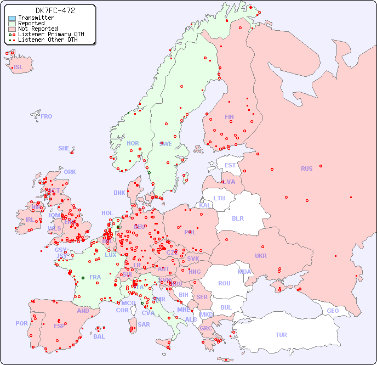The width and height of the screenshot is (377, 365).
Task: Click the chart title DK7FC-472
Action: (x=55, y=10)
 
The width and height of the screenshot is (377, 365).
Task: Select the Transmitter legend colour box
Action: (x=12, y=18)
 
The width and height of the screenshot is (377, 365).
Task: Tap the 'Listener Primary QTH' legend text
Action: (x=51, y=34)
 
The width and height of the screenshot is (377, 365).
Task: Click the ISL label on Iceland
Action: (x=19, y=68)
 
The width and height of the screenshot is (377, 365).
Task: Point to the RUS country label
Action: (x=306, y=169)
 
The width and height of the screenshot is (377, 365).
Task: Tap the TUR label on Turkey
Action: (x=281, y=335)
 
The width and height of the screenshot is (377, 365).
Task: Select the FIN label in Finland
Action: (x=229, y=117)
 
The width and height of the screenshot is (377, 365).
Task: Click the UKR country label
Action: (x=261, y=256)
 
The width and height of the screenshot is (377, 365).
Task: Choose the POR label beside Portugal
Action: (x=21, y=323)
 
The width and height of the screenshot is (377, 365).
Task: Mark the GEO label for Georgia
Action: (x=333, y=311)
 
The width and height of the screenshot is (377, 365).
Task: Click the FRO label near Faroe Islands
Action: (x=47, y=116)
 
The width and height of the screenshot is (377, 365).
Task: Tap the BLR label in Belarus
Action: (x=237, y=218)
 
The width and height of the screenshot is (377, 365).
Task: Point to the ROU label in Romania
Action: (x=224, y=283)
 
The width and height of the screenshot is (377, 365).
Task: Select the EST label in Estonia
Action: (x=230, y=165)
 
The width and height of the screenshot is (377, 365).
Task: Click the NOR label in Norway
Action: (x=133, y=143)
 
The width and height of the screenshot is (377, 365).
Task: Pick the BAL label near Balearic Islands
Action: (x=99, y=336)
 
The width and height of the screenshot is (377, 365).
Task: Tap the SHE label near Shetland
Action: (x=64, y=148)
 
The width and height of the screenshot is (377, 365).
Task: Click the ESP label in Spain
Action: (x=59, y=325)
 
